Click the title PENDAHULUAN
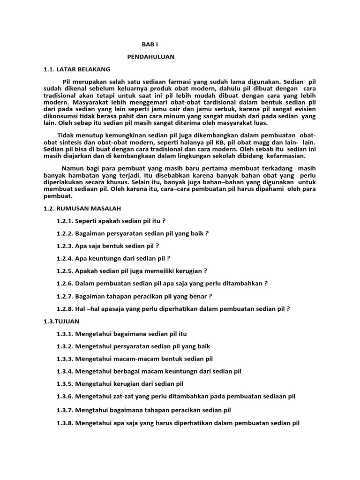click(150, 57)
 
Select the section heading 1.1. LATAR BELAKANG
click(76, 69)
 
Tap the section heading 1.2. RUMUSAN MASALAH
click(82, 208)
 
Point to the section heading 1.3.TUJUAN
click(61, 321)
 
